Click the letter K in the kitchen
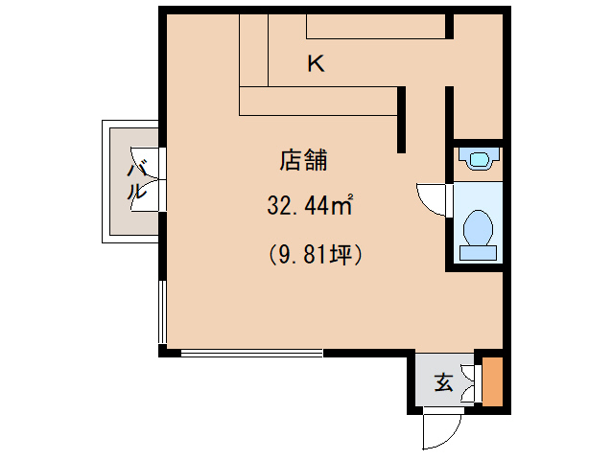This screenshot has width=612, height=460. coord(316,63)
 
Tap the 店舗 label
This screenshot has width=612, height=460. coord(303,160)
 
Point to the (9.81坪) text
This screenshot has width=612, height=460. coord(316,255)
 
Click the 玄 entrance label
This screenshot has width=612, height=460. coord(444,382)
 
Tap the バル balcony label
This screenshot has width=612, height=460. coord(136,181)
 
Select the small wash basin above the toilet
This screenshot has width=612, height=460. coord(479,158)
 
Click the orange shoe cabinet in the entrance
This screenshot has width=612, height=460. coord(492,381)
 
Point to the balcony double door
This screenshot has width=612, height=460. coord(148,179)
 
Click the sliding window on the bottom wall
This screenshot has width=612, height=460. coord(252,354)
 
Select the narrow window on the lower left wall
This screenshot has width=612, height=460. coord(162,311)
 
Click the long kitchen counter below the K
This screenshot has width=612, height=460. coord(318,102)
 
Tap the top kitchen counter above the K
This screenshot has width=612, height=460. coord(375,26)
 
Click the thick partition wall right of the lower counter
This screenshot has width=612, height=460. coord(401,120)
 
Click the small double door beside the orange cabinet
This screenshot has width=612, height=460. coord(470,383)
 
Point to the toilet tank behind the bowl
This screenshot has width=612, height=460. coord(478,253)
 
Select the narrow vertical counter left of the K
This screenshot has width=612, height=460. coord(253,50)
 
